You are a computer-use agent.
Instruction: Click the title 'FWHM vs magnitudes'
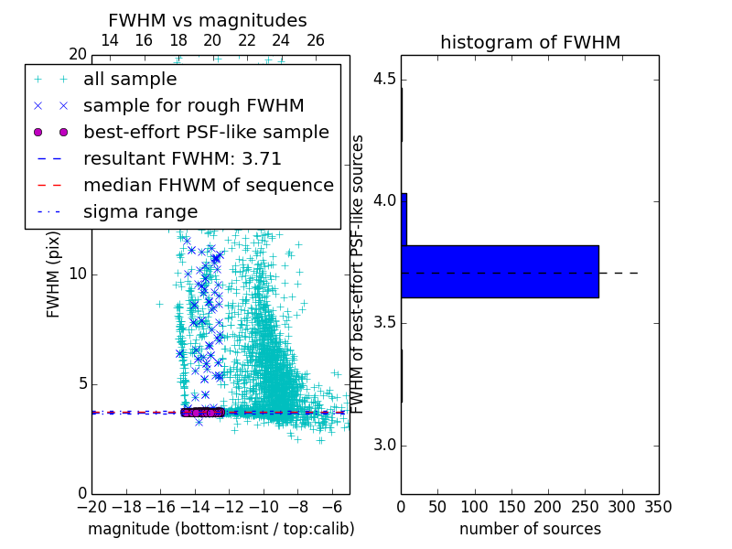(207, 20)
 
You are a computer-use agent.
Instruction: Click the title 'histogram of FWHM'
(530, 42)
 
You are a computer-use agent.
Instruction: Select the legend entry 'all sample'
(130, 80)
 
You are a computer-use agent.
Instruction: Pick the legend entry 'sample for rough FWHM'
(194, 105)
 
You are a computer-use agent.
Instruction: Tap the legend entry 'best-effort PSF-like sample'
(206, 132)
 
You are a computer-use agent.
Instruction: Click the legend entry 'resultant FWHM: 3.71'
(182, 158)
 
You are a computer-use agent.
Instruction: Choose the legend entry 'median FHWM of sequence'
(208, 185)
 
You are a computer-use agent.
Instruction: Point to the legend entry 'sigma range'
(140, 211)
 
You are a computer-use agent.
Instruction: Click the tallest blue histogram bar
(500, 272)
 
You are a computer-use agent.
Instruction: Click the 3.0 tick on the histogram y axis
(383, 446)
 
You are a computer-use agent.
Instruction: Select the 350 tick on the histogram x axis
(659, 506)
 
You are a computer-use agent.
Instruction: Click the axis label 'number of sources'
(530, 529)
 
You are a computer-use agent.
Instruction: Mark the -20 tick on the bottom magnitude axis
(91, 506)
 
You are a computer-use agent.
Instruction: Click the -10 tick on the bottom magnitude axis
(264, 506)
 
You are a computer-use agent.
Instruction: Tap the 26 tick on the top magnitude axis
(316, 40)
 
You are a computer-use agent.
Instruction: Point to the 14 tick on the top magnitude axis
(109, 40)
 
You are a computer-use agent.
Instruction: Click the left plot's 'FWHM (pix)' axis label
(54, 274)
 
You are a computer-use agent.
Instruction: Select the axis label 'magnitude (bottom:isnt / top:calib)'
(221, 529)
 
